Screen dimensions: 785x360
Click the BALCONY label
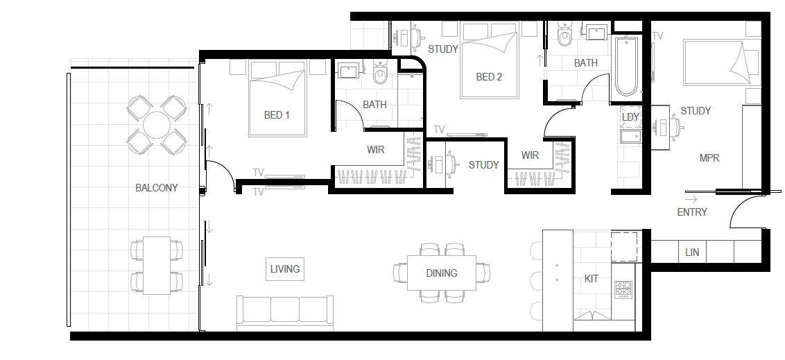pos(156,188)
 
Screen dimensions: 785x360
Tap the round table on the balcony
pos(157,125)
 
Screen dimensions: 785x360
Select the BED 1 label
pos(277,115)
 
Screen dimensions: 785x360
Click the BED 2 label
pos(489,77)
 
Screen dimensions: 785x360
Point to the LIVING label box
pos(285,269)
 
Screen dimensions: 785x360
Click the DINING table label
pos(442,273)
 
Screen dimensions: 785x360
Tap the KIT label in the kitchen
pos(592,279)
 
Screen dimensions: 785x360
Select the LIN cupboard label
pos(692,253)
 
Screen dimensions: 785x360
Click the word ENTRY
pos(692,212)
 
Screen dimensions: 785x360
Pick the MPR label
pos(709,158)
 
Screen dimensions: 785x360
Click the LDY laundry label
pos(630,117)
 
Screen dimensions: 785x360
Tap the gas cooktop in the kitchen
pos(624,289)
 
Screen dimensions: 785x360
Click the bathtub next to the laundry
pos(627,67)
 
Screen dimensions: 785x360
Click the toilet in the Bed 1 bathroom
pos(381,74)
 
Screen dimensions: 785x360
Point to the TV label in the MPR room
pos(657,36)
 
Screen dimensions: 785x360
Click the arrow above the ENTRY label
pos(691,199)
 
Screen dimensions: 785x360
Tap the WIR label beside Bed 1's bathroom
pos(375,149)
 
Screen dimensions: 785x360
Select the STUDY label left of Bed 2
pos(443,49)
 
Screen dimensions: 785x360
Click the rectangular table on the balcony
pos(157,266)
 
